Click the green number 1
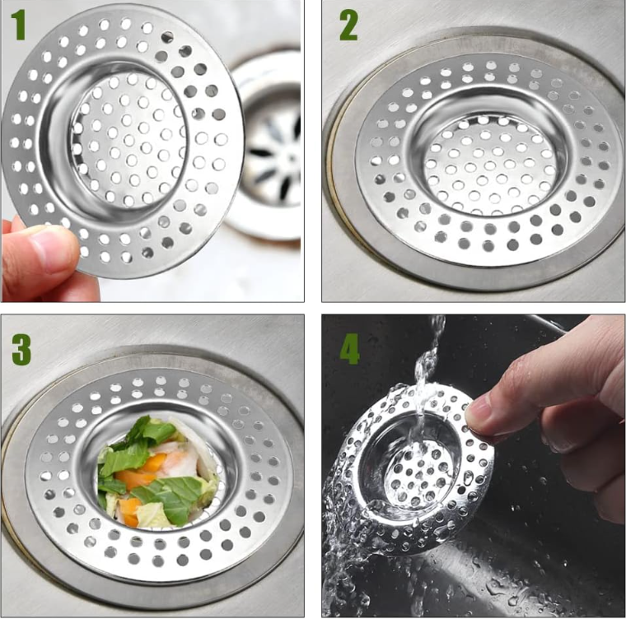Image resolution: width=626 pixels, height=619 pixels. [19, 25]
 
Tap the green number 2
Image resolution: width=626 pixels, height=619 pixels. [348, 26]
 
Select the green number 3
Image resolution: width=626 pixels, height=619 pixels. [21, 349]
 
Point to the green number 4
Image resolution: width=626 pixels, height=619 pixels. [349, 350]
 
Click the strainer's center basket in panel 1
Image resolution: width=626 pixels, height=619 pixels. [128, 141]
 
